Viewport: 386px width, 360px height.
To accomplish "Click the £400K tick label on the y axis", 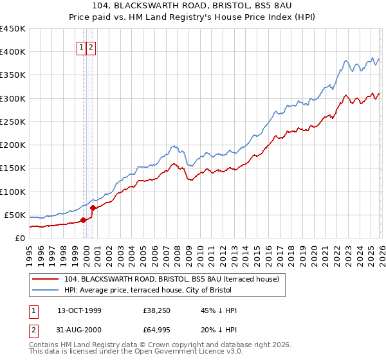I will pos(12,52).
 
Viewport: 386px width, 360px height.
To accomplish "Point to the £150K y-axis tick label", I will pos(12,168).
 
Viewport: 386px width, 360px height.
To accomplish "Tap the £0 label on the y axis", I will pos(19,239).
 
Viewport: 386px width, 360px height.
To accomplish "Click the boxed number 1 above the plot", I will pos(82,47).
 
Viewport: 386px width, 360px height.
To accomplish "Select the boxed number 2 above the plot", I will pos(91,47).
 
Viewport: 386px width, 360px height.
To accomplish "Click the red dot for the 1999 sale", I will pos(84,221).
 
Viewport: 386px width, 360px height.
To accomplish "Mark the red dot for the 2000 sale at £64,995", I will pos(93,208).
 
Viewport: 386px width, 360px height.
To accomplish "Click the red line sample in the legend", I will pos(46,280).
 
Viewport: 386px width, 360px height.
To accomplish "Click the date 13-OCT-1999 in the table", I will pos(79,311).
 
